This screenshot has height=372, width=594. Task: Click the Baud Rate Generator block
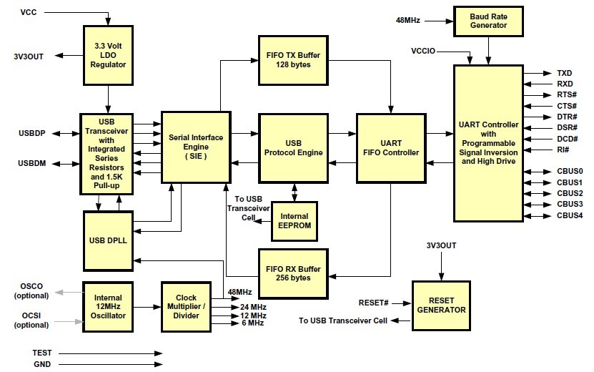pos(489,21)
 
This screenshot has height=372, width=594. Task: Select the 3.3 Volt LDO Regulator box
pos(109,55)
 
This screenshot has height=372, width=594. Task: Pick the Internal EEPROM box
pos(294,221)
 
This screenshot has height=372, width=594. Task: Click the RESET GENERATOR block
pos(445,305)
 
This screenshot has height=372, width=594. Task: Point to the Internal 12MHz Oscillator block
pos(109,306)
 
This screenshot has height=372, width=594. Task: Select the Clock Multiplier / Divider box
pos(185,306)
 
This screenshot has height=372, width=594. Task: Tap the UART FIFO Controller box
pos(390,147)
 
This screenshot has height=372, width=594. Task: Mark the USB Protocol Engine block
pos(293,147)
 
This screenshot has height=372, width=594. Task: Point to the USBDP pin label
pos(33,133)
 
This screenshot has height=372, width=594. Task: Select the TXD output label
pos(565,73)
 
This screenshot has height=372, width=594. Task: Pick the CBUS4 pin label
pos(570,215)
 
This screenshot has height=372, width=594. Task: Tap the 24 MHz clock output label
pos(253,307)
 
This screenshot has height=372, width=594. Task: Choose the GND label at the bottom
pos(41,364)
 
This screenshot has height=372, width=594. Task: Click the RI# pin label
pos(563,150)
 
